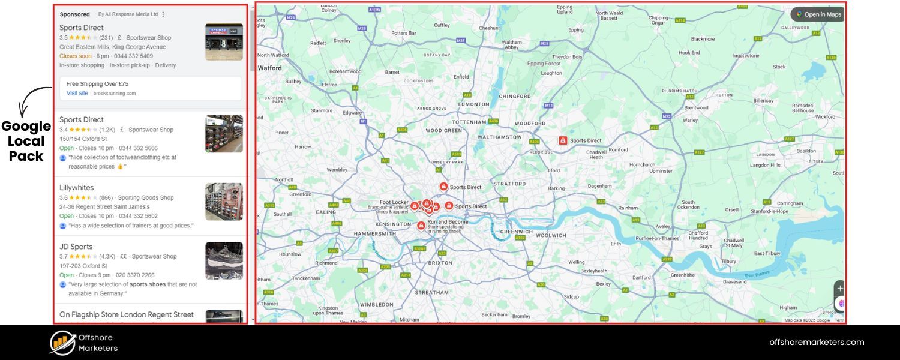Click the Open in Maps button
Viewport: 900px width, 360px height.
818,14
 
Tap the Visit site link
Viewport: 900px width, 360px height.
77,94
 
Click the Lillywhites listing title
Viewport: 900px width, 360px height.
77,188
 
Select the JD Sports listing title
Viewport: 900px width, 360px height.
76,247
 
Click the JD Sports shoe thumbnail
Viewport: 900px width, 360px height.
224,261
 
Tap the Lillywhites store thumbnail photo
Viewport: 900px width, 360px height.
224,202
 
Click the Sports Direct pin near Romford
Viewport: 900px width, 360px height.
563,140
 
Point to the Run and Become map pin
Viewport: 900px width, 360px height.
421,226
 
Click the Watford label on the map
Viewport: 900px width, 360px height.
270,68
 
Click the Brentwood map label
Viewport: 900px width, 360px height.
697,108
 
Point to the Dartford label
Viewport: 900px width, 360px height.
641,278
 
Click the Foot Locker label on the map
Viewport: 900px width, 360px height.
394,203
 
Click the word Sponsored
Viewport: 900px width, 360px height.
75,14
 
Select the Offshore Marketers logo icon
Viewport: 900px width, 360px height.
62,343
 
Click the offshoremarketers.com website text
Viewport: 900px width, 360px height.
817,343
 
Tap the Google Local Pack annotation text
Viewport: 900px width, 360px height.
26,142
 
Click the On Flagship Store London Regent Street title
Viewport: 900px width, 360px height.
127,314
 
